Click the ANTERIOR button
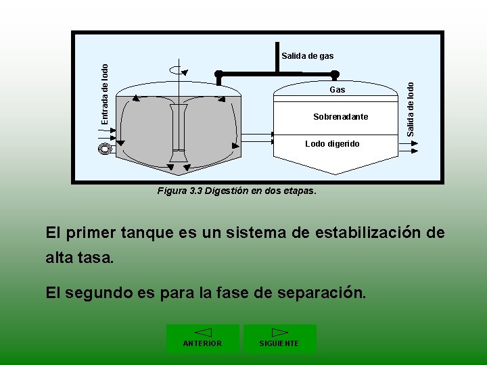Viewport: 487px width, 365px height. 202,338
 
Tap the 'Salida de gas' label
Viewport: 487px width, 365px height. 308,56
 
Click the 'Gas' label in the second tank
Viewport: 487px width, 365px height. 337,90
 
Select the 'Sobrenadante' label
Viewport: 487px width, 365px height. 341,117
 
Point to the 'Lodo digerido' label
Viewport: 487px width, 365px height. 332,144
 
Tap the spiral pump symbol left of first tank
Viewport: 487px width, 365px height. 104,149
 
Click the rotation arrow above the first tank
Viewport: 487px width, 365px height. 178,69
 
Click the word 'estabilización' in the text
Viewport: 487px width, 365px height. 350,233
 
